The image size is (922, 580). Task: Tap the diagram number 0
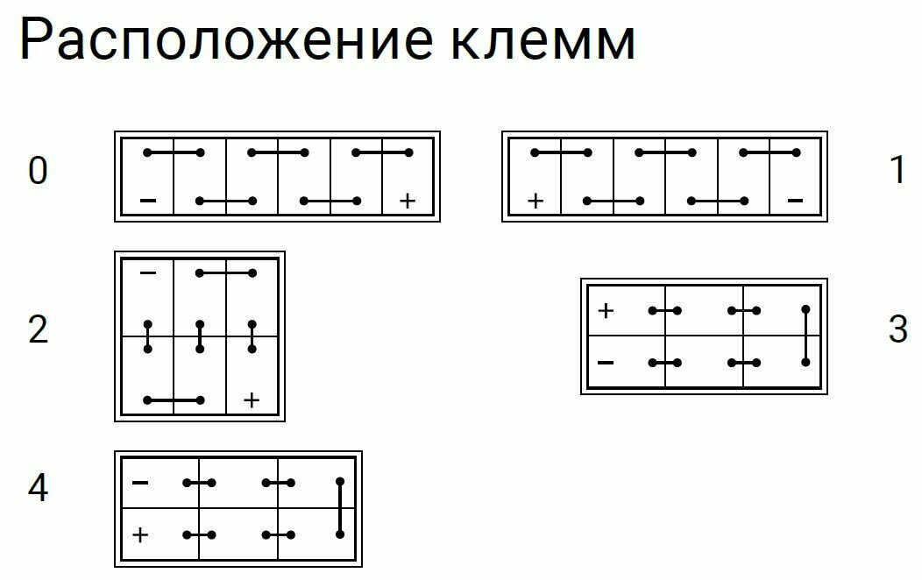[x=38, y=172]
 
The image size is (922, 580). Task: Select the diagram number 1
[x=897, y=172]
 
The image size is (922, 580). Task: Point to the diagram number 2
[x=38, y=331]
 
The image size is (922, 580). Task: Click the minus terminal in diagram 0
[x=148, y=202]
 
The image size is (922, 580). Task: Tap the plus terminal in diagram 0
[x=407, y=202]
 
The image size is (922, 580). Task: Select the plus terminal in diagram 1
[x=535, y=202]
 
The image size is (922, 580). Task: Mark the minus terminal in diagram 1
[x=795, y=202]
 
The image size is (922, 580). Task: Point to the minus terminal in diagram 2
[x=148, y=274]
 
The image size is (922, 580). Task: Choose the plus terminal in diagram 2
[x=252, y=400]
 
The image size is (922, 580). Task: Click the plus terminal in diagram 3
[x=606, y=310]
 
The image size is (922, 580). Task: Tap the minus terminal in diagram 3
[x=606, y=362]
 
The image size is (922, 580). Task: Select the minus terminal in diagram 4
[x=140, y=483]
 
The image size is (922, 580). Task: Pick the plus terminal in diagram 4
[x=140, y=534]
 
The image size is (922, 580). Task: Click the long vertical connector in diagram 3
[x=805, y=336]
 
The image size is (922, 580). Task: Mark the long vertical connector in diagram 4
[x=340, y=508]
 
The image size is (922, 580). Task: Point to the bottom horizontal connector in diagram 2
[x=174, y=400]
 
